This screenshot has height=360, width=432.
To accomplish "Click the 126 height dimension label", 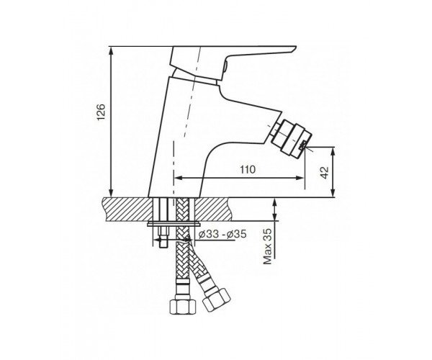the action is (101, 112).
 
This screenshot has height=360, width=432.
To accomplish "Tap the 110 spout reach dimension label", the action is (248, 170).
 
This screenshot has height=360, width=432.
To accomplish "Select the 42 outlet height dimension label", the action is (325, 173).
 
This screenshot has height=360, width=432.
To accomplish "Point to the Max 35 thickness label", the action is (268, 246).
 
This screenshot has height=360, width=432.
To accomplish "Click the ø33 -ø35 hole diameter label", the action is (222, 235).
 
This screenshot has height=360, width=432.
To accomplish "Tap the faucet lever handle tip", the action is (294, 49).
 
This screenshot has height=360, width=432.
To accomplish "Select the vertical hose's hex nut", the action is (183, 306).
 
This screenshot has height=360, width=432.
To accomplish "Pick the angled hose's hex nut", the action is (217, 300).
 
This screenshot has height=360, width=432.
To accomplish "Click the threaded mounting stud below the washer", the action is (164, 238).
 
